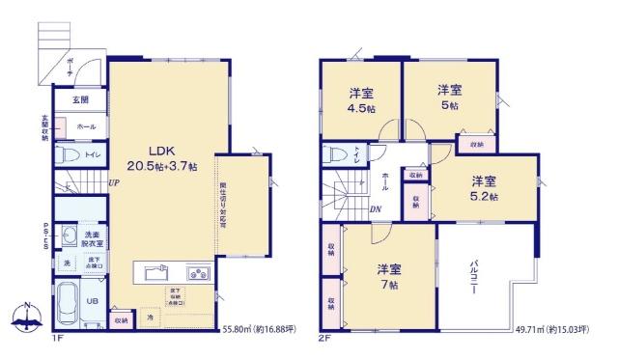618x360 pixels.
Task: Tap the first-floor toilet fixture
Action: (65, 154)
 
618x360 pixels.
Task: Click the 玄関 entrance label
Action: (80, 99)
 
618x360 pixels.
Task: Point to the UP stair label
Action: (114, 183)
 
